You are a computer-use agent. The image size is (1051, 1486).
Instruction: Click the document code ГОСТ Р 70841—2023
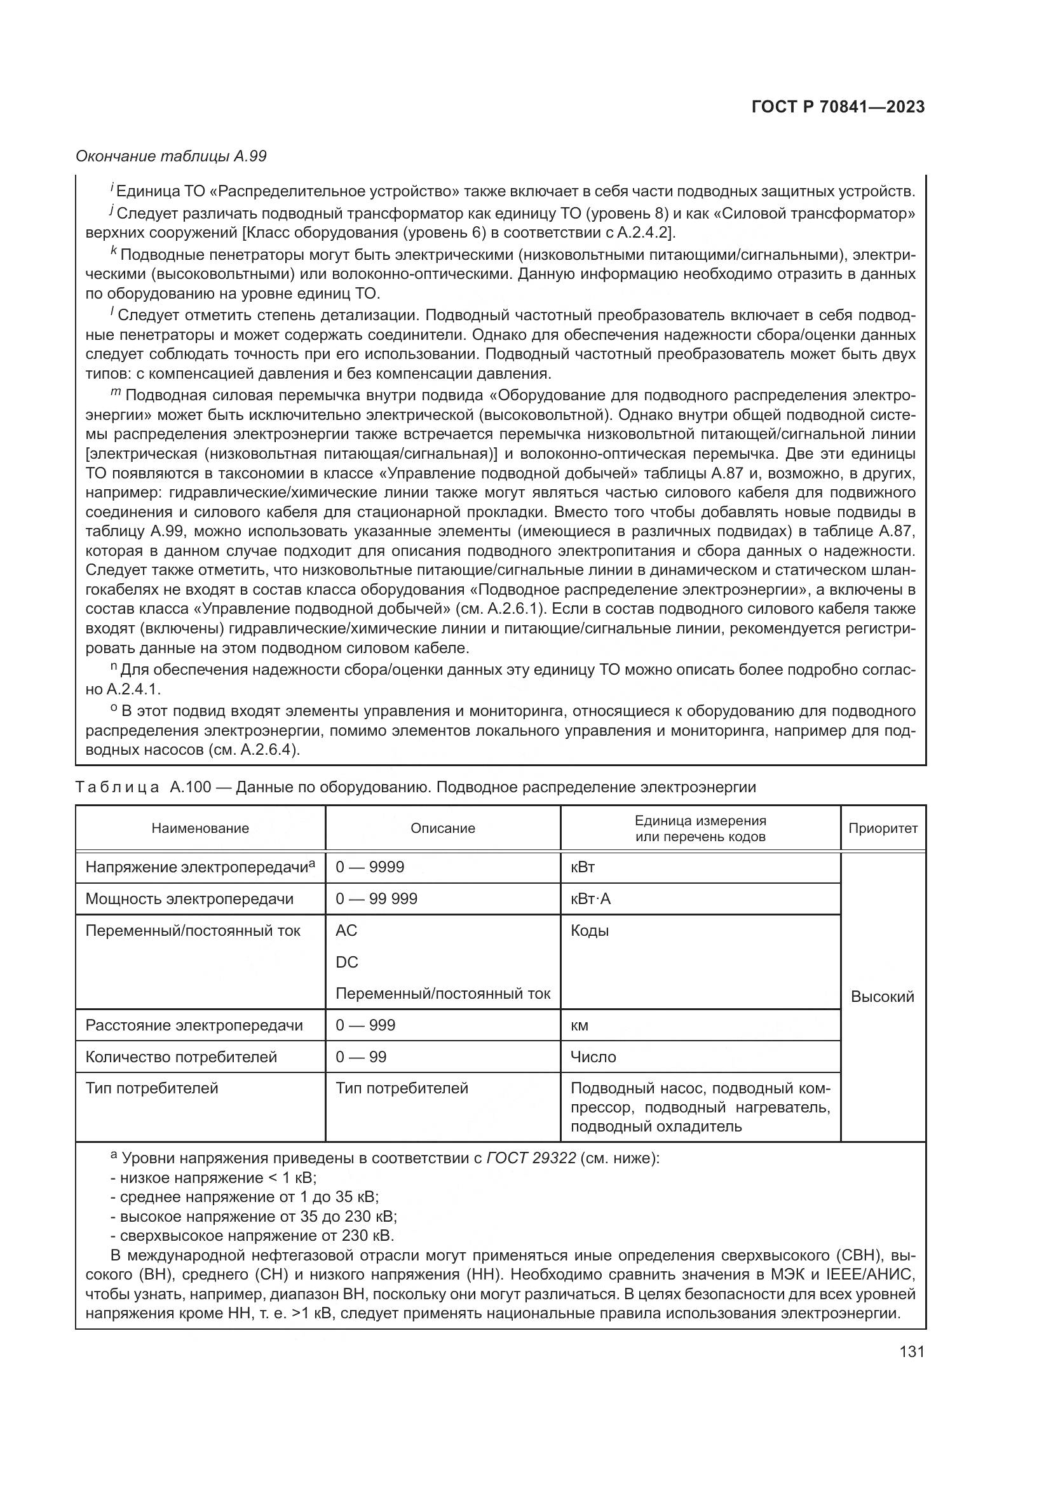[838, 107]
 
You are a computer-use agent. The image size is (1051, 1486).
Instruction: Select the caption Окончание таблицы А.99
[171, 157]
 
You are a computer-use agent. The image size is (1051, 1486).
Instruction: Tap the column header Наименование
[200, 828]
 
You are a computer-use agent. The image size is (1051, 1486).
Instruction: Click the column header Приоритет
[883, 828]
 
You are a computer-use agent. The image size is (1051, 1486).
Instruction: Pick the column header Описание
[443, 828]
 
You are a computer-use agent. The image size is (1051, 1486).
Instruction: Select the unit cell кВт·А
[590, 899]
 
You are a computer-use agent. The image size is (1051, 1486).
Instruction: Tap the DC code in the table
[347, 963]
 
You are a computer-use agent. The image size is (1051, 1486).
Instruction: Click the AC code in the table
[346, 931]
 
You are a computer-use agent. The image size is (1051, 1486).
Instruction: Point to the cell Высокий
[882, 997]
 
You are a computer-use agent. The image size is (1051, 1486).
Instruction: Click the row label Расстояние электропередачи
[194, 1025]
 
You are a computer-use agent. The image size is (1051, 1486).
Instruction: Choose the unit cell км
[580, 1026]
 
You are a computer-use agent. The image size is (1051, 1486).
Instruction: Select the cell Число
[593, 1057]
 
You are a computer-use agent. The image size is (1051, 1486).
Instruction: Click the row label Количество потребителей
[181, 1057]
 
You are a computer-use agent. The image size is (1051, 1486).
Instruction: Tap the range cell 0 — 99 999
[376, 899]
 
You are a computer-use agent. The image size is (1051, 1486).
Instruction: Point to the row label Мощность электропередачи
[189, 899]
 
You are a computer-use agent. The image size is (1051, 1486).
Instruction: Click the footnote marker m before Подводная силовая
[116, 393]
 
